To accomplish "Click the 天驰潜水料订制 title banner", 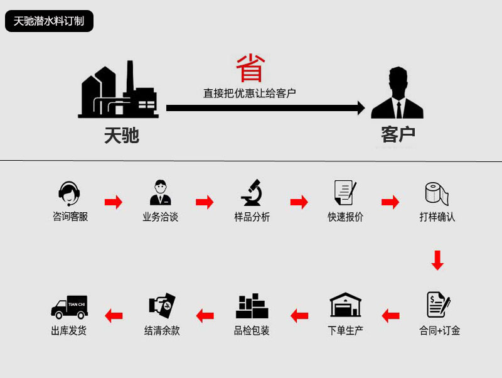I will (49, 21).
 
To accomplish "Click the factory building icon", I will (119, 90).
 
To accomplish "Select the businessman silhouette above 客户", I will (397, 94).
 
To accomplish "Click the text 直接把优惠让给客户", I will (249, 93).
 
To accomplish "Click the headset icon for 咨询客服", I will (70, 194).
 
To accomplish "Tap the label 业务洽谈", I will (161, 217).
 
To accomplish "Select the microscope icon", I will (252, 193).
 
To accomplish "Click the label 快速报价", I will (345, 217).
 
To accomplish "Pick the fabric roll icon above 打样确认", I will (437, 194).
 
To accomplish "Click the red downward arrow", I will (437, 260).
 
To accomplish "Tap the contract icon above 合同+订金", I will (438, 305).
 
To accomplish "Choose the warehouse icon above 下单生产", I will (346, 305).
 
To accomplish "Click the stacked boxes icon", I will (252, 306).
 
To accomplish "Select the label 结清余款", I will (162, 330).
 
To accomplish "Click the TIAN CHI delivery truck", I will (69, 306).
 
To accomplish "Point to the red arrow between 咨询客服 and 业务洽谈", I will (114, 202).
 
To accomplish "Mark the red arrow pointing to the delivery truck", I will (114, 315).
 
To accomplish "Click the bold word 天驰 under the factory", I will (121, 135).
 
